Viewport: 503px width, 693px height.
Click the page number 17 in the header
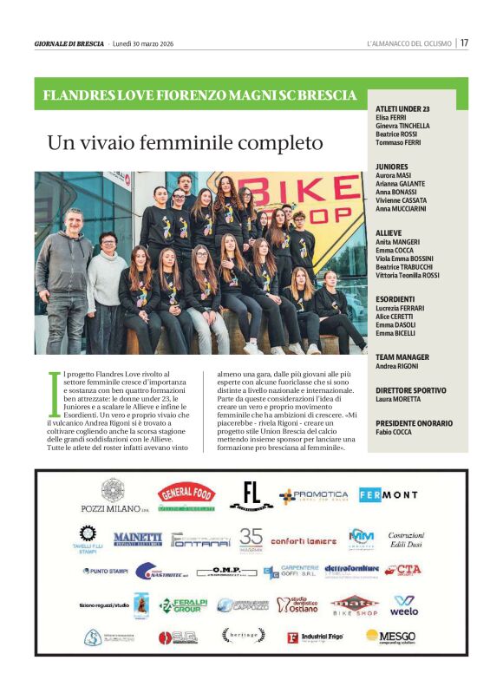pyautogui.click(x=464, y=42)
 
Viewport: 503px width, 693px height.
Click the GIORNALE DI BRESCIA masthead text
pyautogui.click(x=69, y=43)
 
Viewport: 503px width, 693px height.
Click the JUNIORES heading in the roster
pyautogui.click(x=392, y=166)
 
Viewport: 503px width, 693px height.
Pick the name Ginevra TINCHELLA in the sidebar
pyautogui.click(x=402, y=125)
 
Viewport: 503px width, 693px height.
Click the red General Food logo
pyautogui.click(x=186, y=494)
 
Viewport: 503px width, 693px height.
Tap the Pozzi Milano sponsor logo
pyautogui.click(x=113, y=497)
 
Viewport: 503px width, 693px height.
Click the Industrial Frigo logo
pyautogui.click(x=317, y=637)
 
